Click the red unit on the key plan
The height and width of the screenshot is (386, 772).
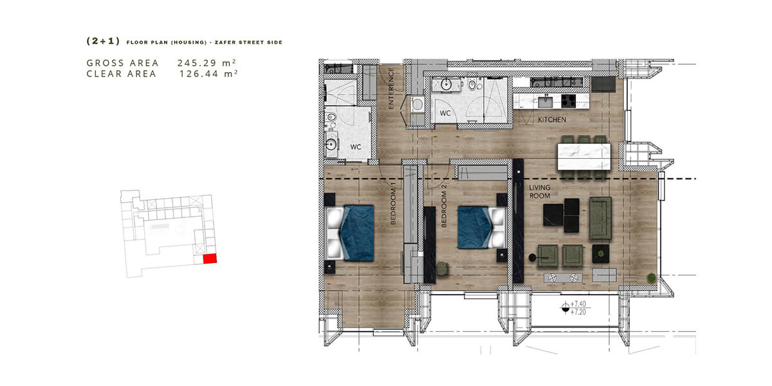pyautogui.click(x=210, y=259)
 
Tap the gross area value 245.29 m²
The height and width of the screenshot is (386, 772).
pyautogui.click(x=207, y=63)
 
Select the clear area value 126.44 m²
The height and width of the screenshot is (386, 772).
pyautogui.click(x=208, y=73)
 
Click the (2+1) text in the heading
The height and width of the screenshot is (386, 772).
pyautogui.click(x=103, y=41)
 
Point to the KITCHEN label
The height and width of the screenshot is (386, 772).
pyautogui.click(x=552, y=120)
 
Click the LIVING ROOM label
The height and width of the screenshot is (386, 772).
pyautogui.click(x=540, y=192)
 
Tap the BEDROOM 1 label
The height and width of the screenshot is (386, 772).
pyautogui.click(x=394, y=207)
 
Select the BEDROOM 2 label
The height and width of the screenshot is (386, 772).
pyautogui.click(x=444, y=206)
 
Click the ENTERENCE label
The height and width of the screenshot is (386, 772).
pyautogui.click(x=391, y=89)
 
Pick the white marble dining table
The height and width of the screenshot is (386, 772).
pyautogui.click(x=584, y=157)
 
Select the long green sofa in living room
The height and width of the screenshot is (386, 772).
pyautogui.click(x=600, y=218)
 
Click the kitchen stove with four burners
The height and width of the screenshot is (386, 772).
pyautogui.click(x=568, y=101)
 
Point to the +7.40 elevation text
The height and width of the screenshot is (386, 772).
pyautogui.click(x=578, y=304)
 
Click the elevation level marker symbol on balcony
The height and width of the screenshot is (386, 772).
pyautogui.click(x=565, y=308)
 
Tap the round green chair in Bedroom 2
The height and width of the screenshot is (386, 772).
pyautogui.click(x=441, y=269)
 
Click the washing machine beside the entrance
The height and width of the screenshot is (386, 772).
pyautogui.click(x=418, y=104)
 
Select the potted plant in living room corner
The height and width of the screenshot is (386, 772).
pyautogui.click(x=651, y=278)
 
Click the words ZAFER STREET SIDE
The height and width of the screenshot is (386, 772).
pyautogui.click(x=248, y=42)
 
